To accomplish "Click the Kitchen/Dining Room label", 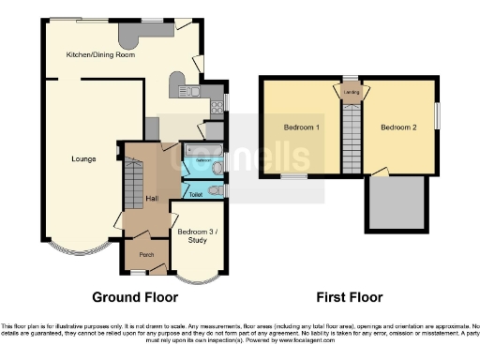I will click(x=100, y=55).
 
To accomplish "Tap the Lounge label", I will click(x=83, y=158).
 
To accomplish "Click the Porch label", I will click(x=146, y=254).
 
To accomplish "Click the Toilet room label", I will click(x=196, y=194).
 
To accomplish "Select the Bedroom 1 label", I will click(x=302, y=127).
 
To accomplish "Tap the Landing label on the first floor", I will click(x=352, y=91).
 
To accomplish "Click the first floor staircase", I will click(x=352, y=136).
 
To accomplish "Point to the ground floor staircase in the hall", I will click(x=132, y=183).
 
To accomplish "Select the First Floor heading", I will click(x=349, y=297).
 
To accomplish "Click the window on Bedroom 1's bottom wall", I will click(x=295, y=175).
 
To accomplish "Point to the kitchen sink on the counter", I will click(x=187, y=91).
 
